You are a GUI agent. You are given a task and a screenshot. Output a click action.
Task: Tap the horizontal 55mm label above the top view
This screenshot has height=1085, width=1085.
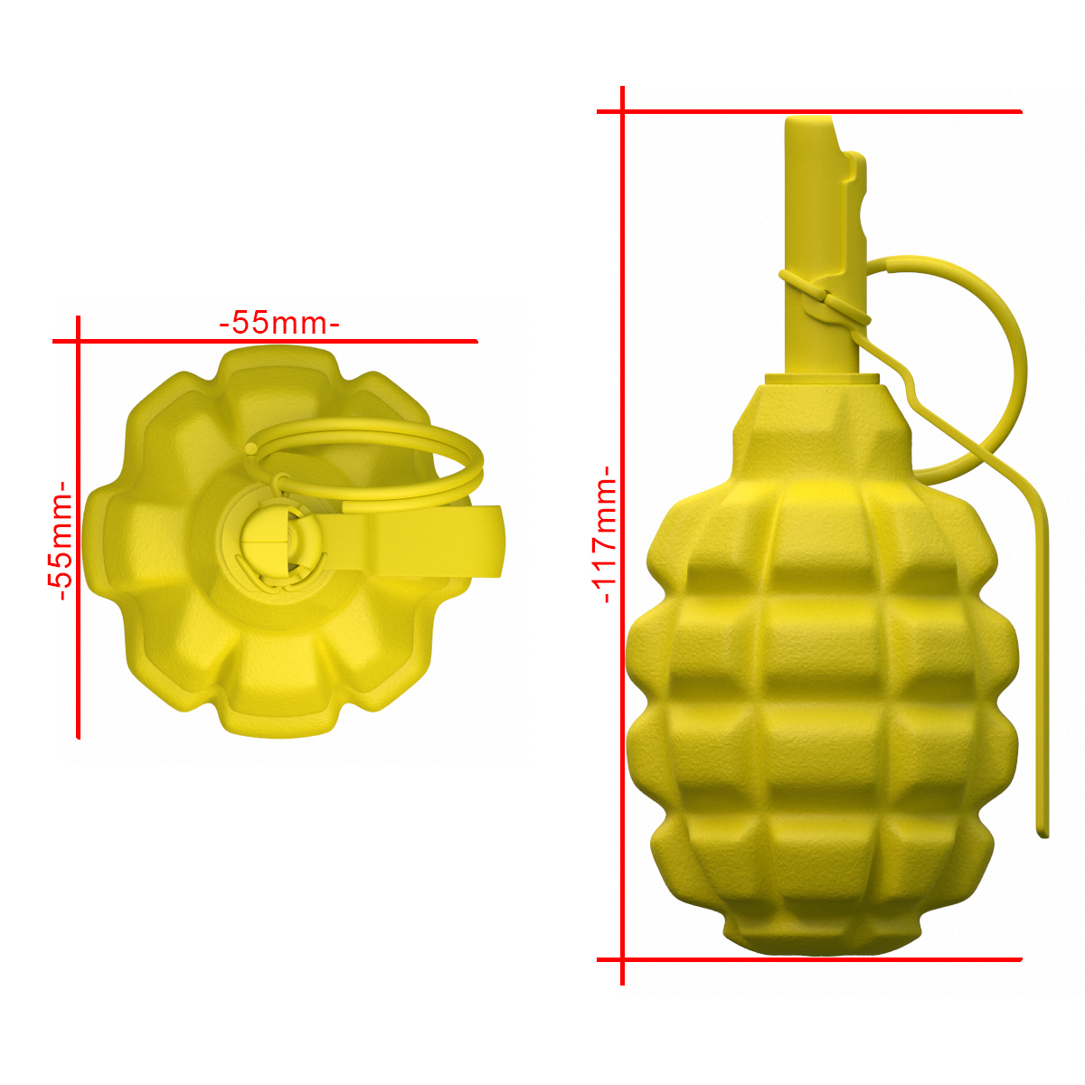[279, 323]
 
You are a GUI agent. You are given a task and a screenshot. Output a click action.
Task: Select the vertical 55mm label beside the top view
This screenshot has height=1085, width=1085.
[60, 540]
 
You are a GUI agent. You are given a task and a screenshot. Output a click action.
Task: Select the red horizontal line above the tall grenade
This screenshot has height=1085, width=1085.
[809, 111]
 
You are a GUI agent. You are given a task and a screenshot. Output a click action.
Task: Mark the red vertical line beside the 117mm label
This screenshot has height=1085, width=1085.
[622, 535]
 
